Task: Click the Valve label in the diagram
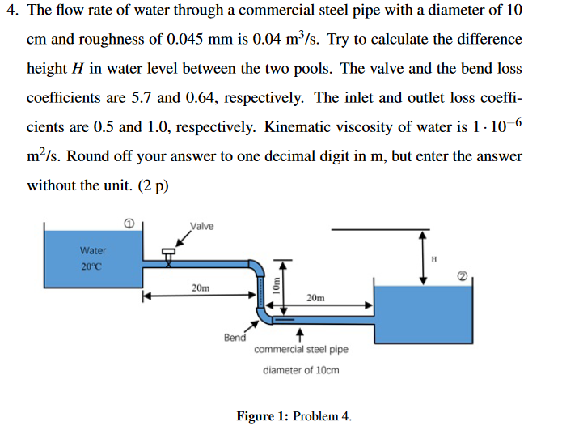click(x=201, y=226)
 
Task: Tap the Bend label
click(x=235, y=337)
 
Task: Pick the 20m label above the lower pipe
click(x=316, y=298)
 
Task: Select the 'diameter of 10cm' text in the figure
click(x=301, y=370)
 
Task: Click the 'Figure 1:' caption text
click(x=263, y=416)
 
